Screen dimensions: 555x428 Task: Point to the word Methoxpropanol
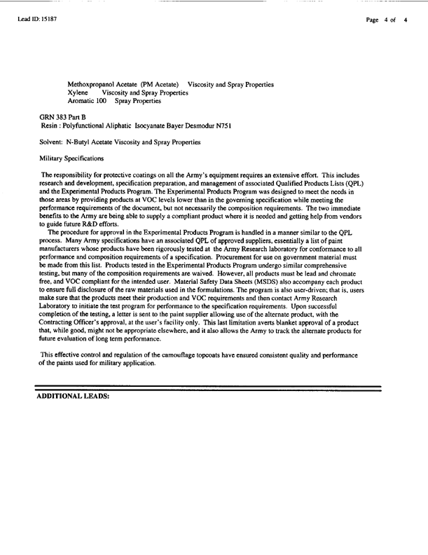point(91,85)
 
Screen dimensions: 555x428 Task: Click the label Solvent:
point(53,142)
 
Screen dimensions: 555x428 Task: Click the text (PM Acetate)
point(155,85)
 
